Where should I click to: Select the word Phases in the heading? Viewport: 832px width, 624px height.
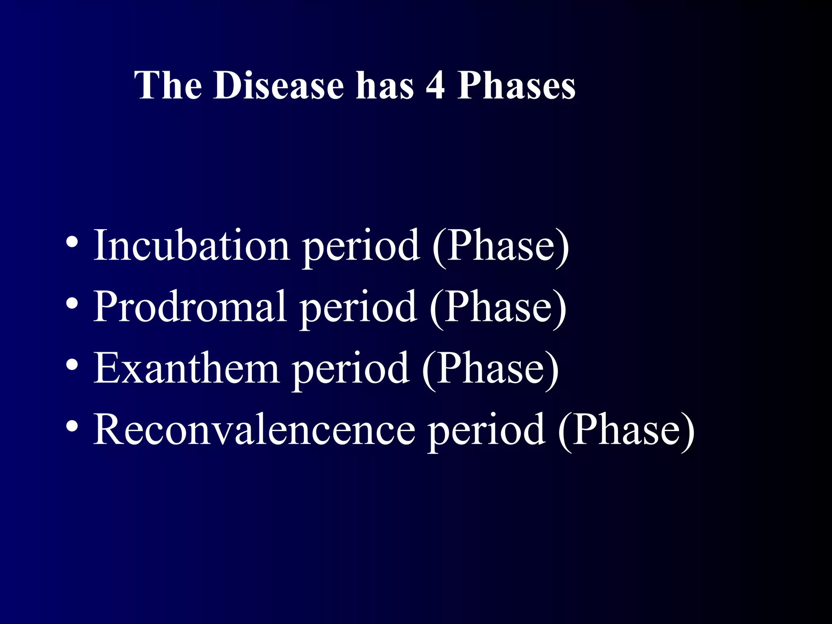tap(516, 85)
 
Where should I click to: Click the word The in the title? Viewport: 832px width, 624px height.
tap(168, 85)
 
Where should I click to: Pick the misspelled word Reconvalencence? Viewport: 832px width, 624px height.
tap(254, 429)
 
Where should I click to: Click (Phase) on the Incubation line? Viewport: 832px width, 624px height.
tap(500, 246)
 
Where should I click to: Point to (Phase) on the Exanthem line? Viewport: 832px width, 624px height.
tap(490, 368)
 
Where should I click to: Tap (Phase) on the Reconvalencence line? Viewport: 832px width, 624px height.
tap(626, 430)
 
